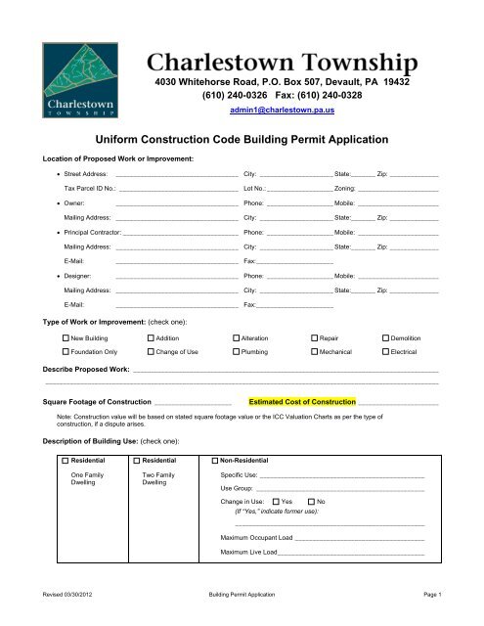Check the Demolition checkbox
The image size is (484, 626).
coord(385,337)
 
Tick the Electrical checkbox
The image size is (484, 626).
coord(385,350)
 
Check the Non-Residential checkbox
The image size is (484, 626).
coord(215,460)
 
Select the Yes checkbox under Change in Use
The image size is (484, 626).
coord(275,501)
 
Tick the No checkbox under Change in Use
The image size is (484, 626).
coord(310,501)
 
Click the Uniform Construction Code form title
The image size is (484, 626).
coord(242,141)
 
